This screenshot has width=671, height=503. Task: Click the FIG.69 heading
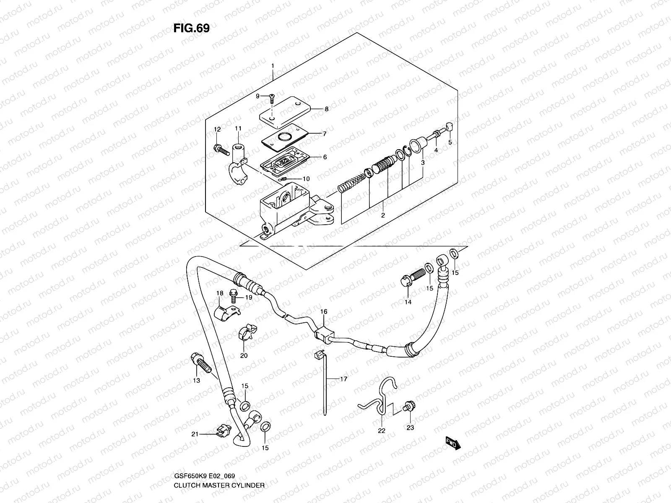pyautogui.click(x=191, y=28)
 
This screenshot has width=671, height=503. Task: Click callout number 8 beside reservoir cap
pyautogui.click(x=326, y=109)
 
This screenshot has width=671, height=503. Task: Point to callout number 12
pyautogui.click(x=217, y=129)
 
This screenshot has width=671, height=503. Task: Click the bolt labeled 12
pyautogui.click(x=219, y=148)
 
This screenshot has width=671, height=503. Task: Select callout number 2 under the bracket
pyautogui.click(x=383, y=216)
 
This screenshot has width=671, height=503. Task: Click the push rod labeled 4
pyautogui.click(x=434, y=135)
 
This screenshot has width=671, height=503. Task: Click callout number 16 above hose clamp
pyautogui.click(x=323, y=311)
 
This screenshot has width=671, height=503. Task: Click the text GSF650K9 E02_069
pyautogui.click(x=204, y=476)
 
